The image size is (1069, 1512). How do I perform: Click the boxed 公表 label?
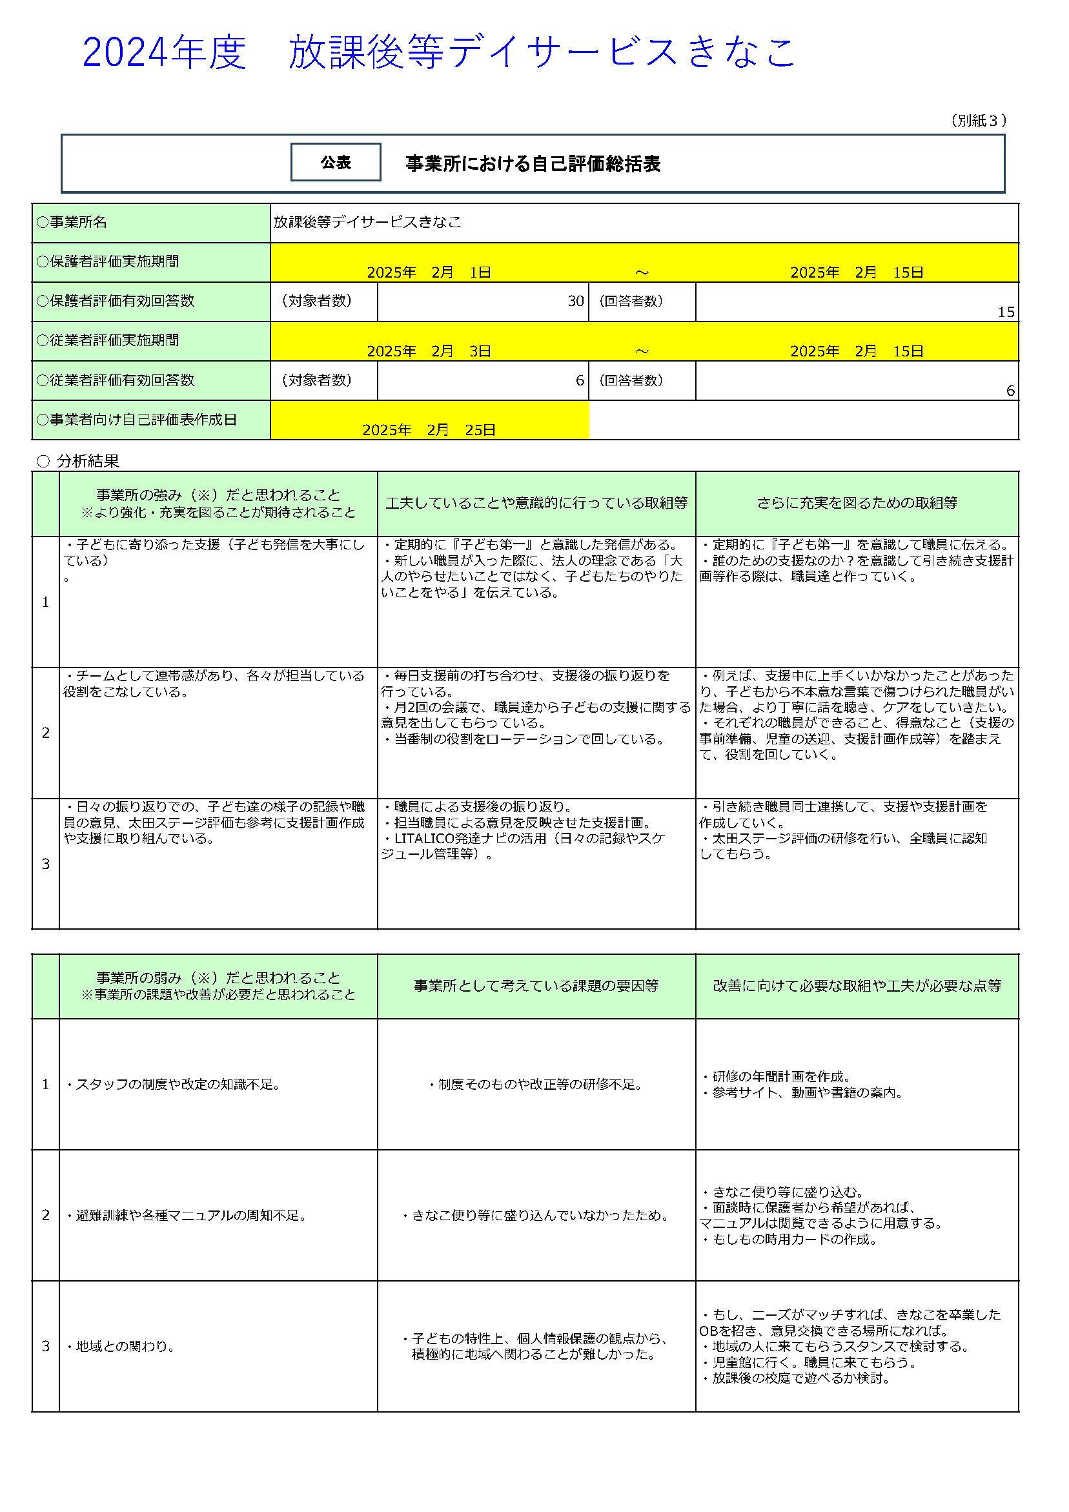click(335, 162)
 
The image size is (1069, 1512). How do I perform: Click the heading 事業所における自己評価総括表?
click(532, 164)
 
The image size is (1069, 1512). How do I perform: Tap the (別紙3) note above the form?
click(978, 121)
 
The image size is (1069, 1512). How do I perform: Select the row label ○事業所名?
click(72, 223)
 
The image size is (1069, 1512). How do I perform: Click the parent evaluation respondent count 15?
click(1005, 312)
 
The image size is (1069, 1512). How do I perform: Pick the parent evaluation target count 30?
click(575, 301)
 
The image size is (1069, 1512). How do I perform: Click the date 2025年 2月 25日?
click(429, 430)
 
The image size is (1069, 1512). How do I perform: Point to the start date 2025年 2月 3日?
click(429, 352)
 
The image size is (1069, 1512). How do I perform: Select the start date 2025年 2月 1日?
click(429, 272)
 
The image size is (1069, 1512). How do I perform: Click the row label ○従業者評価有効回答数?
click(116, 381)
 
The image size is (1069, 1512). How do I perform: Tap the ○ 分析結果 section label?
click(77, 461)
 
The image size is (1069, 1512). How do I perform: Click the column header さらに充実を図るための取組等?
click(856, 503)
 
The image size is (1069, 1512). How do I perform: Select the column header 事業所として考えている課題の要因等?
click(536, 986)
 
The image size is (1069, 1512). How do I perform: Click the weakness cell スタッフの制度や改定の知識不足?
click(174, 1085)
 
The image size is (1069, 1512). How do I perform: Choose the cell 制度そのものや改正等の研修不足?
click(536, 1085)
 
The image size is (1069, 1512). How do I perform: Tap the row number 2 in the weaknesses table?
click(45, 1216)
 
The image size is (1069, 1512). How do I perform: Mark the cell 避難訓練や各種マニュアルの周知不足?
click(188, 1216)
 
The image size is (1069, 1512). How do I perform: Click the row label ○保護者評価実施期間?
click(108, 262)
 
